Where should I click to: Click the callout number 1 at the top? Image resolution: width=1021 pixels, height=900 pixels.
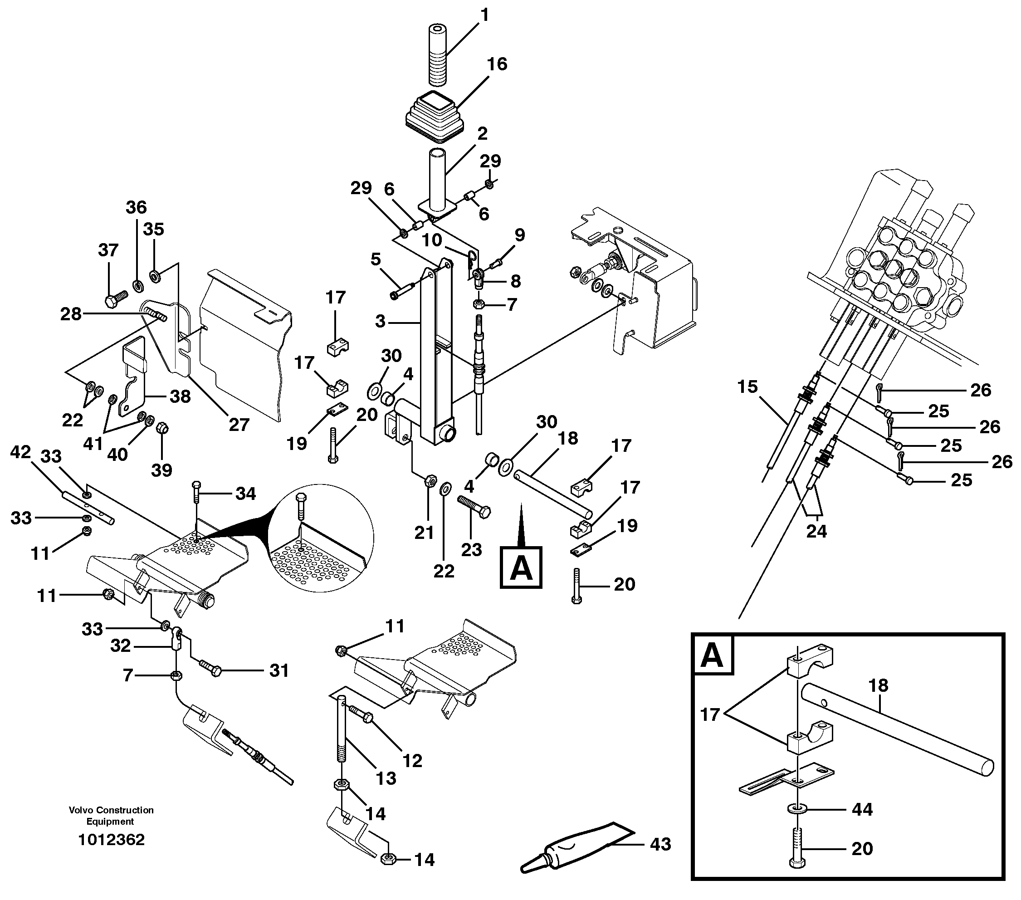[x=484, y=15]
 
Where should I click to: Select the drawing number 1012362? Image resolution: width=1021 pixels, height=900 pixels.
[x=112, y=840]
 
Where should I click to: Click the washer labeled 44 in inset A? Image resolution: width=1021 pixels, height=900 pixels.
[x=798, y=809]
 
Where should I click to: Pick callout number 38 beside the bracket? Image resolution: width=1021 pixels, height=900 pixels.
[x=180, y=396]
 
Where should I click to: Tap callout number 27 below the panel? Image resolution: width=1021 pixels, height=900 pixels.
[x=239, y=425]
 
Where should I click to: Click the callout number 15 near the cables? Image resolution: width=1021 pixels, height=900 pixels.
[x=747, y=386]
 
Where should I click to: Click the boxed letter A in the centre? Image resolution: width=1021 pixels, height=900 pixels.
[x=521, y=568]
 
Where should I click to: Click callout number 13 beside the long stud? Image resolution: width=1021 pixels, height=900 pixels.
[x=386, y=778]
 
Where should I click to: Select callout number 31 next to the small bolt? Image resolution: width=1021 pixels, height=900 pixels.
[x=279, y=671]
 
